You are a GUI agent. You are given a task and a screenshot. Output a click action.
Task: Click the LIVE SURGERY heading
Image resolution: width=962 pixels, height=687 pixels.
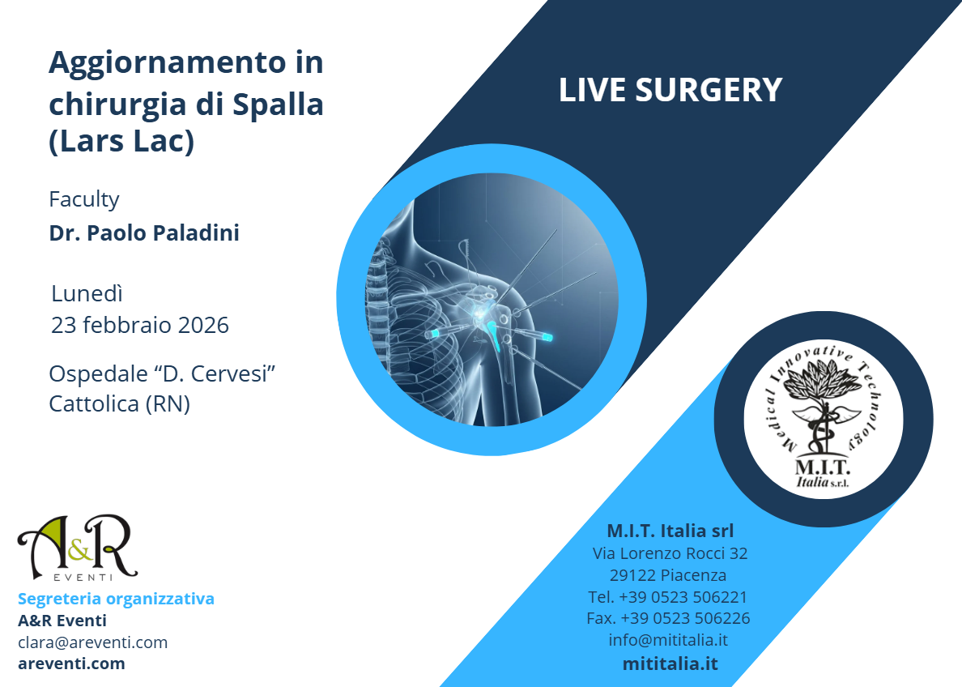point(670,90)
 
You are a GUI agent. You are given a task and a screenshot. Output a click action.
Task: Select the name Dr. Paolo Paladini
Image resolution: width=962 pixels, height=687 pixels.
point(144,233)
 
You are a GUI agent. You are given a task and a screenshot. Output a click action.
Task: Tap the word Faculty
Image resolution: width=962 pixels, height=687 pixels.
point(84,198)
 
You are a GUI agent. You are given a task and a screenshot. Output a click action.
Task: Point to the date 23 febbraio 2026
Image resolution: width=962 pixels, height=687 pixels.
point(140,325)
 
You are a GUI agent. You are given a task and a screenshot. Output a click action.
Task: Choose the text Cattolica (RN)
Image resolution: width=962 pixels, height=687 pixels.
point(119,403)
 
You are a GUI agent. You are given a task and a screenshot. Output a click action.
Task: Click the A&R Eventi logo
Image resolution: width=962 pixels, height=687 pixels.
point(77,548)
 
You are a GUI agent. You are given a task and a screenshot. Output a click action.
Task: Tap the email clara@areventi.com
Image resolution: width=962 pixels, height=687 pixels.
point(92,642)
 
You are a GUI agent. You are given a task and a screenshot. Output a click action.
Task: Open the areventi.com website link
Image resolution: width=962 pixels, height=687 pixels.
point(71,664)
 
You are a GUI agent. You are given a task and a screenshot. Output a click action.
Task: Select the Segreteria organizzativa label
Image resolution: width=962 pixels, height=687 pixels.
point(116,599)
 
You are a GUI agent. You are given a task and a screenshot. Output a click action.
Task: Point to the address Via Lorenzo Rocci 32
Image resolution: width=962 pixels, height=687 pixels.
point(670,554)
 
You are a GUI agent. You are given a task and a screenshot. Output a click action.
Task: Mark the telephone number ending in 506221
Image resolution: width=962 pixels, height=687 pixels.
point(668,597)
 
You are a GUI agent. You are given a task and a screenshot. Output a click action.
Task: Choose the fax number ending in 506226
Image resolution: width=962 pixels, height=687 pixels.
point(668,618)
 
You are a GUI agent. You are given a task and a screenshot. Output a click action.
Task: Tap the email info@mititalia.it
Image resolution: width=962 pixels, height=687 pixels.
point(668,640)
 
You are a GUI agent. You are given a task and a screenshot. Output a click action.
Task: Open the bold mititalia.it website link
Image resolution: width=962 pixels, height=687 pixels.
point(670,664)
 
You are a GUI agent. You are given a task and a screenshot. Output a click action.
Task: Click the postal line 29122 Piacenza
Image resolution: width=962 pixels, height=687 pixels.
point(668,576)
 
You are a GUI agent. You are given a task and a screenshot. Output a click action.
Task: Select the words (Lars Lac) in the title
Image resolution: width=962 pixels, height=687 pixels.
point(122,142)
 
